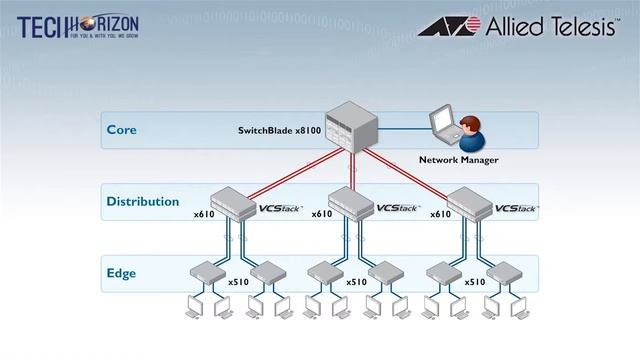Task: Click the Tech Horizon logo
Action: click(77, 26)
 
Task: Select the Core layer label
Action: click(121, 130)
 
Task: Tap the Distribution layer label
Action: click(143, 202)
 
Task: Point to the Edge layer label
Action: click(121, 273)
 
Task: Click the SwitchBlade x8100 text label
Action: click(279, 130)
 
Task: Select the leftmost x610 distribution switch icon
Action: click(233, 202)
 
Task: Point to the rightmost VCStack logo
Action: click(517, 209)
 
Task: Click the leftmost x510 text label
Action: click(238, 282)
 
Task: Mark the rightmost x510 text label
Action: click(475, 282)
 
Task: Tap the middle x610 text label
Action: click(321, 214)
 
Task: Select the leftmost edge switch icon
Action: click(205, 271)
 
